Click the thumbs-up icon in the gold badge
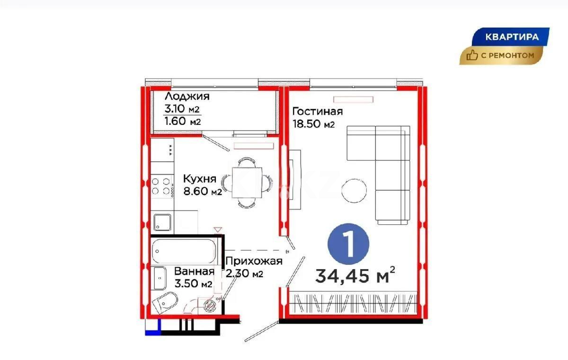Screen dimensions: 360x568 pos(472,56)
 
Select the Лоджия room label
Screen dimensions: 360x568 pos(187,97)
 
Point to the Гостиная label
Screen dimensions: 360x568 pos(317,112)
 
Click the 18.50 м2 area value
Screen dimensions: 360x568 pos(314,124)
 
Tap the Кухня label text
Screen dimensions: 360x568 pos(199,179)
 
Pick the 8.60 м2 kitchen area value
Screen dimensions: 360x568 pos(202,192)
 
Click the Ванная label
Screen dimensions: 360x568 pos(194,272)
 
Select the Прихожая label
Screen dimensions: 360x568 pos(254,261)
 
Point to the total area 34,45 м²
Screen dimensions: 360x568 pos(355,275)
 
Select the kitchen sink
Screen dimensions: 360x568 pos(162,223)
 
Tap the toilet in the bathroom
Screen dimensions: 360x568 pos(165,302)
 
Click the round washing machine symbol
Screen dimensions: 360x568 pos(209,305)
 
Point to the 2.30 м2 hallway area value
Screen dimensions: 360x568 pos(244,273)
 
